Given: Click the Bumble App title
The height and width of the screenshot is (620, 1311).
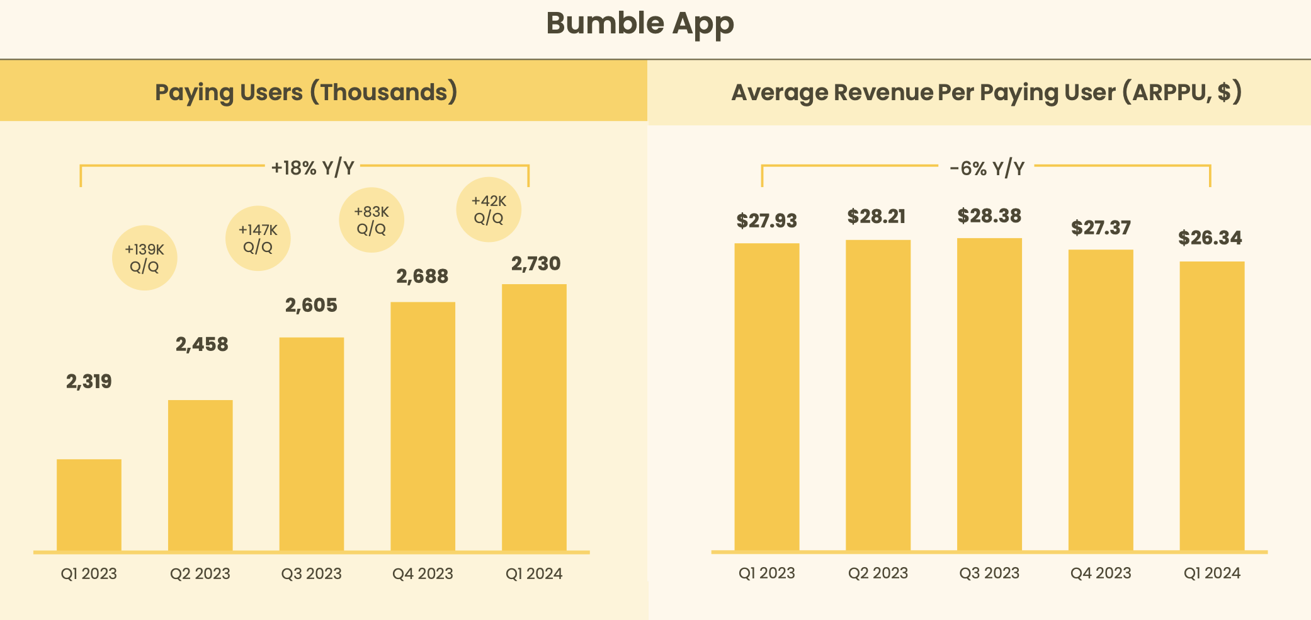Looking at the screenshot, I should tap(640, 24).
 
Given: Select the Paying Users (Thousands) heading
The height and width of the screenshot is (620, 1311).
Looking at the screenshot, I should tap(306, 92).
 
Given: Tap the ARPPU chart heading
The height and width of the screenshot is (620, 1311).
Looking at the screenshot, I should tap(986, 93).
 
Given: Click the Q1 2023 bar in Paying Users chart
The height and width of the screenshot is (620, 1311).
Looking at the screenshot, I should tap(89, 505).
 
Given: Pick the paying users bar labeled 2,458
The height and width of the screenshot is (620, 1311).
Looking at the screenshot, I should tap(200, 475).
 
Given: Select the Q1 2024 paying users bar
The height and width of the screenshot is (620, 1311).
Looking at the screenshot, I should tap(534, 417).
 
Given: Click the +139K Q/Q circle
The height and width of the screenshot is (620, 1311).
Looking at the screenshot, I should tap(144, 258).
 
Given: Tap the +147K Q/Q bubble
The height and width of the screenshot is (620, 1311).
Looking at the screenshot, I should tap(258, 239).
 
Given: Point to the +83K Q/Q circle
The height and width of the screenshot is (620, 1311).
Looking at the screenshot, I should tap(371, 220).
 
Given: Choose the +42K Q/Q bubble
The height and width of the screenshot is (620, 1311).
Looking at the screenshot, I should tap(489, 209).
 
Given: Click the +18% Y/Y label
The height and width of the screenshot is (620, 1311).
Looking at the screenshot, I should tap(312, 168).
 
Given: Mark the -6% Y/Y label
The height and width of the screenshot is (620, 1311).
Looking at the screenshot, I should tap(987, 168).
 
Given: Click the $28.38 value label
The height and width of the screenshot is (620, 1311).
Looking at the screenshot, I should tap(989, 216).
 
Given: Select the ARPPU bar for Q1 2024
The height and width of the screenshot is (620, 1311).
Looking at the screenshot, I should tap(1212, 406).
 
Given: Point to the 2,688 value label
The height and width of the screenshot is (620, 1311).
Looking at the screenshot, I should tap(422, 277).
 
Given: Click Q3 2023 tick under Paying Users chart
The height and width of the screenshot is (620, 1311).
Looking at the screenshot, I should tap(311, 573).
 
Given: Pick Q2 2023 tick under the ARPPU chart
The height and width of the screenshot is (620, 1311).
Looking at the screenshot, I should tap(878, 573).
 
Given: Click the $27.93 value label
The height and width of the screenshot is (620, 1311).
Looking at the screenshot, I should tap(766, 221).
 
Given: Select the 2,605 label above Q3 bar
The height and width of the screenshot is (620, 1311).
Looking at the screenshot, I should tap(311, 306).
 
